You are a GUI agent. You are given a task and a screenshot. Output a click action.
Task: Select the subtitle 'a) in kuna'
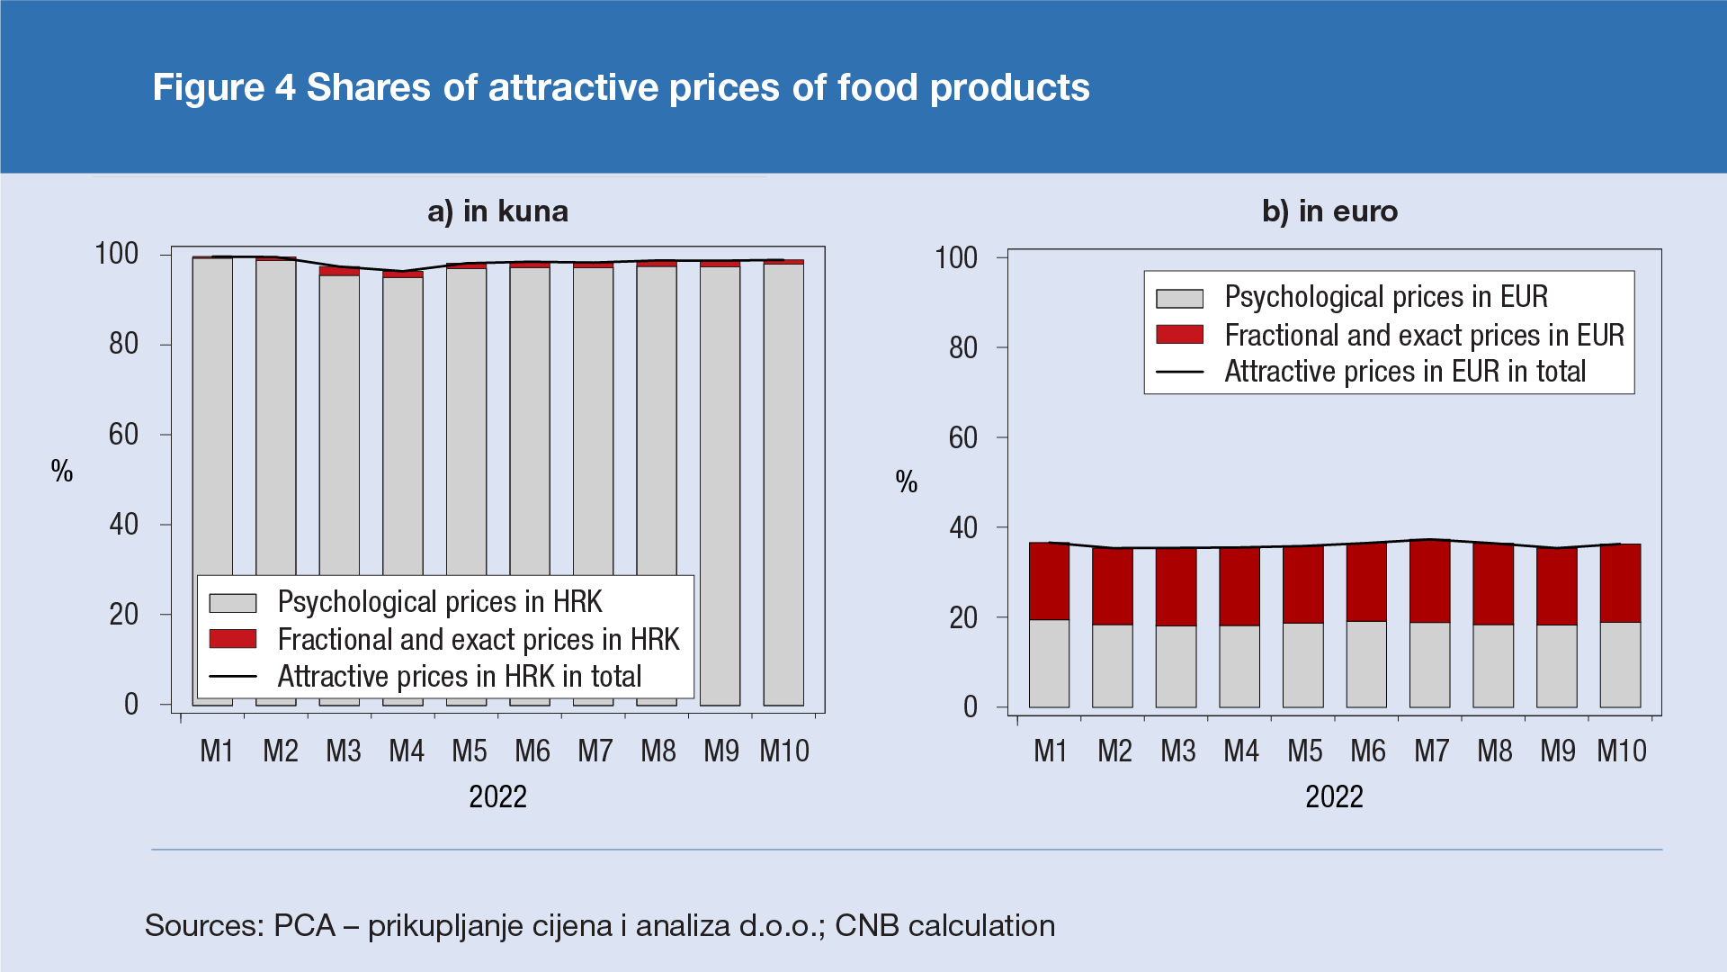click(497, 211)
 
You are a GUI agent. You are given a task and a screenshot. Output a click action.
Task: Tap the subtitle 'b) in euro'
click(1329, 211)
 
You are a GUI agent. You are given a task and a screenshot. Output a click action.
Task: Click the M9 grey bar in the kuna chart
click(720, 486)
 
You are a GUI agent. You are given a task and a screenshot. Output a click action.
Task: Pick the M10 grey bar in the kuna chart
click(783, 486)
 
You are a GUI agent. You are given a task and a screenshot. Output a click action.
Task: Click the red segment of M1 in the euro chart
click(1049, 580)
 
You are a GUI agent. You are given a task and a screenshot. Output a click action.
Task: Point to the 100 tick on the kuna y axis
click(117, 254)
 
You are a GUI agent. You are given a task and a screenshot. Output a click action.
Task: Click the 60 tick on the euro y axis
click(963, 437)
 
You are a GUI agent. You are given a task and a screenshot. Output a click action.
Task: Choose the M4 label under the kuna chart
click(407, 751)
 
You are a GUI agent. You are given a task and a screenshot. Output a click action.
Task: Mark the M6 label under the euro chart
click(1368, 751)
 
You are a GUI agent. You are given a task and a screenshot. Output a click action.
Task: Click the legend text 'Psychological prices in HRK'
click(439, 601)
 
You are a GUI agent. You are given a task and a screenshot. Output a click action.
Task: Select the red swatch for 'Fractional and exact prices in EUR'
click(1179, 335)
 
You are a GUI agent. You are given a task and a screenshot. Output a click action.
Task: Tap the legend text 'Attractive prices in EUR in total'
click(1404, 372)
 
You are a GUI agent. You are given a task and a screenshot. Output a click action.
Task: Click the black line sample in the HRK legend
click(232, 677)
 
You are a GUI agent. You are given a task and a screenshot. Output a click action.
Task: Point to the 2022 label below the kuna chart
click(497, 796)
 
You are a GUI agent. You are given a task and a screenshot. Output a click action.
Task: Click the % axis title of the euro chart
click(906, 482)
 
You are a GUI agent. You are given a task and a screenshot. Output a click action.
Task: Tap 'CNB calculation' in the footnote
click(944, 925)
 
